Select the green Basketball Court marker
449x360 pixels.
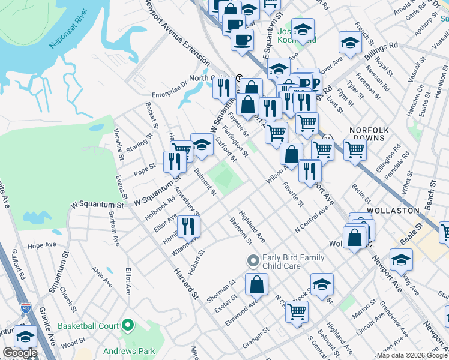pos(127,326)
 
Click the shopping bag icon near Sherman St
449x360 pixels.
pos(256,284)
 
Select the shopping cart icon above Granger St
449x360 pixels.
pos(297,311)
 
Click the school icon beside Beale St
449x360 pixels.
pos(401,259)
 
